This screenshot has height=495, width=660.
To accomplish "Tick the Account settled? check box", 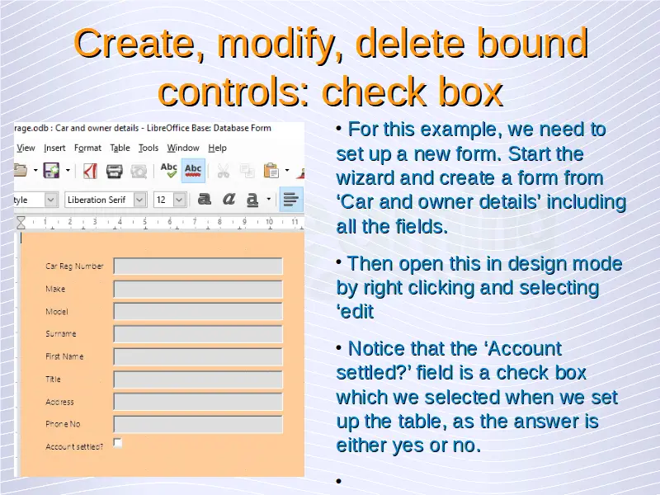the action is (118, 443).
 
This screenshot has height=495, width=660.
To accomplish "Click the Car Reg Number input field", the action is (198, 266).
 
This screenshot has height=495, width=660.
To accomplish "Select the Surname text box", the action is (198, 334).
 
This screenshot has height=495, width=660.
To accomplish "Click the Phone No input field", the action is (198, 424).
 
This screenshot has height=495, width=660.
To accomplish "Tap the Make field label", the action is (55, 289).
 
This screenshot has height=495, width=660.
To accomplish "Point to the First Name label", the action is (64, 356).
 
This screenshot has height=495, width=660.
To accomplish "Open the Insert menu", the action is (54, 148).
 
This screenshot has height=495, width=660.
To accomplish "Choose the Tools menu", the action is (148, 148).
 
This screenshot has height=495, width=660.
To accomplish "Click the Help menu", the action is (217, 148).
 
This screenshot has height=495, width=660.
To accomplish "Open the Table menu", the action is (120, 148).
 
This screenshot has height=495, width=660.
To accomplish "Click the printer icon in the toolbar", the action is (114, 171).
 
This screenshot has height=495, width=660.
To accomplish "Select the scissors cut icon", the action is (223, 171).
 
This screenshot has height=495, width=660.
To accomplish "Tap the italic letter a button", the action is (229, 199).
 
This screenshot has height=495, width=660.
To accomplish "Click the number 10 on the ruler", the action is (269, 221).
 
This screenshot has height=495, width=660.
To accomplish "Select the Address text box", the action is (198, 402).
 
